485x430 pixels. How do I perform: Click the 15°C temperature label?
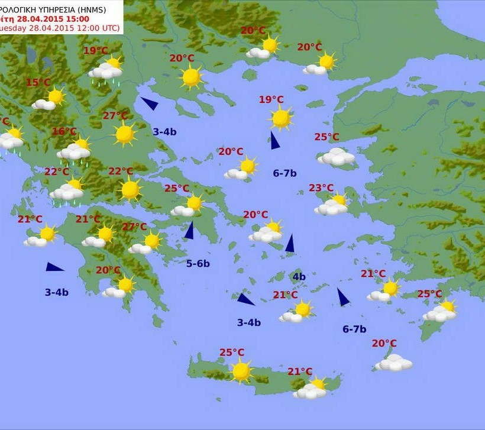click(x=38, y=83)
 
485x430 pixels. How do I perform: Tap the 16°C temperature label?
click(x=64, y=131)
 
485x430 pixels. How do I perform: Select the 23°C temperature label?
click(x=321, y=188)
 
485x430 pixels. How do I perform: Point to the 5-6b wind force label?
click(x=198, y=264)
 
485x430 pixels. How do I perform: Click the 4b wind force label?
click(x=299, y=277)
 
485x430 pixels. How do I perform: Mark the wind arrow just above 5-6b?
click(x=189, y=231)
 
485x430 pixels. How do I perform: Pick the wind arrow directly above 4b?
click(x=290, y=243)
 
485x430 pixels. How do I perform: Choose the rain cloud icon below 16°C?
click(x=74, y=152)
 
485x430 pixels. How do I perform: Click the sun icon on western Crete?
click(x=241, y=371)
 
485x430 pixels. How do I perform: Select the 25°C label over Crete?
click(x=232, y=353)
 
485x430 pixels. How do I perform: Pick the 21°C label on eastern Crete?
click(x=300, y=371)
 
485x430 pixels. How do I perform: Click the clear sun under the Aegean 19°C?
click(x=281, y=118)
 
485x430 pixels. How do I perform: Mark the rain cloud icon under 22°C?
click(x=66, y=192)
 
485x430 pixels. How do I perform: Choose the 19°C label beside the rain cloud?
click(x=95, y=51)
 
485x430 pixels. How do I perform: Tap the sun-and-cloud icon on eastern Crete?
click(x=312, y=389)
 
